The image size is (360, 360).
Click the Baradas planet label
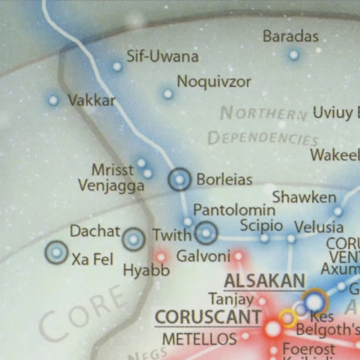(x=291, y=36)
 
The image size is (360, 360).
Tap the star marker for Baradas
(x=294, y=55)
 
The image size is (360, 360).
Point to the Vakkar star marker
(x=53, y=101)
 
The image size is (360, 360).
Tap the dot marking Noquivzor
(x=168, y=94)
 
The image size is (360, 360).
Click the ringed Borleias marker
(x=179, y=179)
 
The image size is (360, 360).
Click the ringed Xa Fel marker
(x=56, y=252)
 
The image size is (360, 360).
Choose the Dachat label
(x=95, y=231)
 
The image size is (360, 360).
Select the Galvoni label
(x=204, y=256)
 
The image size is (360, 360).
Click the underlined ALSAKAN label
(x=264, y=281)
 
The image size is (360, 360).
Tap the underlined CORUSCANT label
(x=208, y=317)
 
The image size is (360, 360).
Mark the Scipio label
(x=261, y=226)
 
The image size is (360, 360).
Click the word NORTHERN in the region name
(x=264, y=113)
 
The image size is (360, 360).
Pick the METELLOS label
(x=199, y=339)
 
